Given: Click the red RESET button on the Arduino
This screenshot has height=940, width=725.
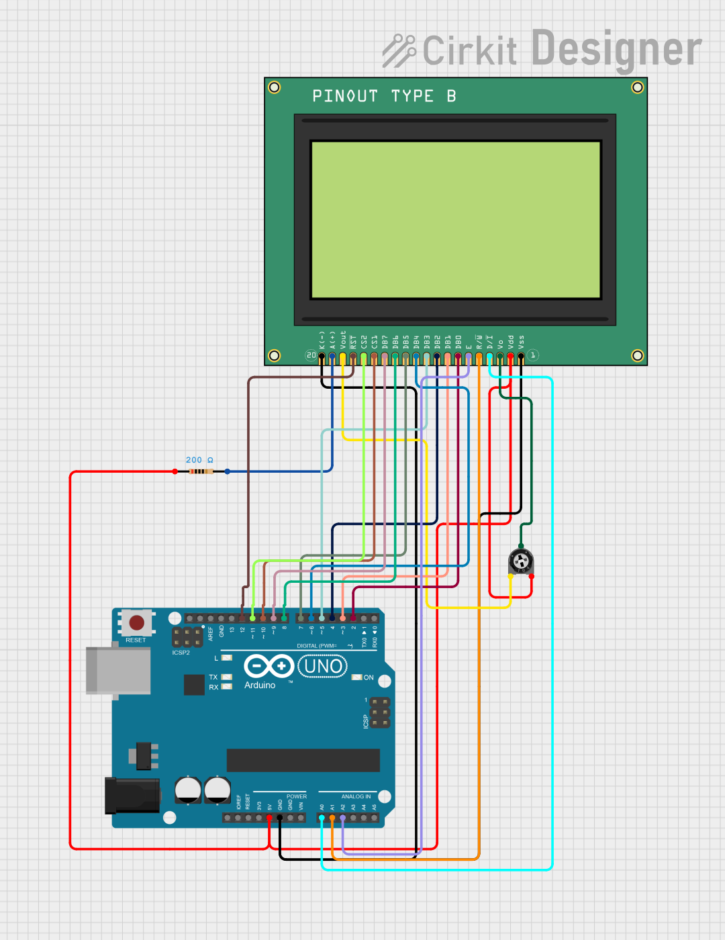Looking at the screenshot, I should (x=136, y=622).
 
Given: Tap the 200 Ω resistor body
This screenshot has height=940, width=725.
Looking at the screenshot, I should (x=201, y=471).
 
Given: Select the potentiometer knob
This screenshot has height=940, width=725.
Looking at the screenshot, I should (x=521, y=561).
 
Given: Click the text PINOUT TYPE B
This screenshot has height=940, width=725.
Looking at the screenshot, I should (x=384, y=96).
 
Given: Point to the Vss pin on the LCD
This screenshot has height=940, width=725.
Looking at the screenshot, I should (x=521, y=357).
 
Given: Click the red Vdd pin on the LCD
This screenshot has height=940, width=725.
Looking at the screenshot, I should (x=510, y=357).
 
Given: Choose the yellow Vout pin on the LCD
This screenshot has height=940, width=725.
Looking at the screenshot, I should (x=342, y=357).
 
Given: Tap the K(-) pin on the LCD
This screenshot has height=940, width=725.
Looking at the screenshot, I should (x=322, y=357).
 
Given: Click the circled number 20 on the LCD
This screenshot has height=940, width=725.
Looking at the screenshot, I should (x=311, y=355).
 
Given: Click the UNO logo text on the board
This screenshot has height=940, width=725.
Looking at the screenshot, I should (x=323, y=666).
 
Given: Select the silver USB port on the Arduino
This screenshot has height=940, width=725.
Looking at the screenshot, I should (x=118, y=670).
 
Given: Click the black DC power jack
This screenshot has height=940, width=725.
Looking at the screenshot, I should (x=132, y=796).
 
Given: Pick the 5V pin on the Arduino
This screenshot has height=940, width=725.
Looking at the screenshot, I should (x=269, y=818).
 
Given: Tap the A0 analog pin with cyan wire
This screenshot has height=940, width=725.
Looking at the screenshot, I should (x=322, y=818).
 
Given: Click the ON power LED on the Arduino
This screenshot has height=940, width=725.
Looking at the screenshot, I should (x=357, y=677).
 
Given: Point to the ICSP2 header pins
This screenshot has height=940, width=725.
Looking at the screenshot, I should (x=187, y=637).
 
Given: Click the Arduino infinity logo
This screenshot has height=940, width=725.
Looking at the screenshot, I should (x=269, y=666).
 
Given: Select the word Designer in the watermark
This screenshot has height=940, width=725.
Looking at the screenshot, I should (x=616, y=49).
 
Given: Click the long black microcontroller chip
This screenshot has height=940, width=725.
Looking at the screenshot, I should (x=303, y=760).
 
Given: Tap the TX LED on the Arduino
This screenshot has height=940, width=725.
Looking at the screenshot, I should (x=227, y=677).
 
